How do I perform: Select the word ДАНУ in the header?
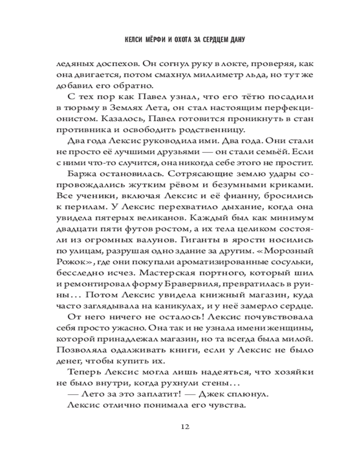pyautogui.click(x=237, y=40)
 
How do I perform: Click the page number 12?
pyautogui.click(x=184, y=426)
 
